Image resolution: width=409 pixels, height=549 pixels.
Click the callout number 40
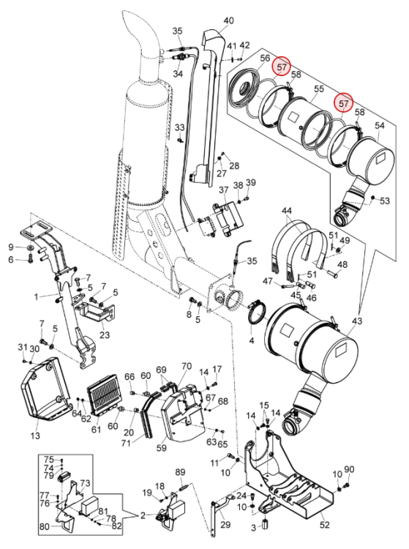228,20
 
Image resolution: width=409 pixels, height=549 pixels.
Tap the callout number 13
35,436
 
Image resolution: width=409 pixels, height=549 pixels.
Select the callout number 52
325,525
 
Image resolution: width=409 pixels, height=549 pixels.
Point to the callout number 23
105,335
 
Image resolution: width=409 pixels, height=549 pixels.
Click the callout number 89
180,472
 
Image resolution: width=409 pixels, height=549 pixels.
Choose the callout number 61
96,429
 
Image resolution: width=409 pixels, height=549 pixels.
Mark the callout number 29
225,525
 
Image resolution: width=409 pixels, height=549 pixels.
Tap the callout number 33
179,127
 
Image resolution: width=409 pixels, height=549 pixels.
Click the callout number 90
349,469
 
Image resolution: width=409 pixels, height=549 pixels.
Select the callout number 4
252,340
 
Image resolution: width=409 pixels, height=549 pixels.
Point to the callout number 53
385,201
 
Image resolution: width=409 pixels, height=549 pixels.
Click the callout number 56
265,59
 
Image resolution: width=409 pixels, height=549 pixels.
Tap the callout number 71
126,444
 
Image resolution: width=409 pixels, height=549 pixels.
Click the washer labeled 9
31,248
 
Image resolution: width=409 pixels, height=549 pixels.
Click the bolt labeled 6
29,260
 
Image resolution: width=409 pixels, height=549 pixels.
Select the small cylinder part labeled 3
265,525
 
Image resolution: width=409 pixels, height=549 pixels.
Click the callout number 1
37,297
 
